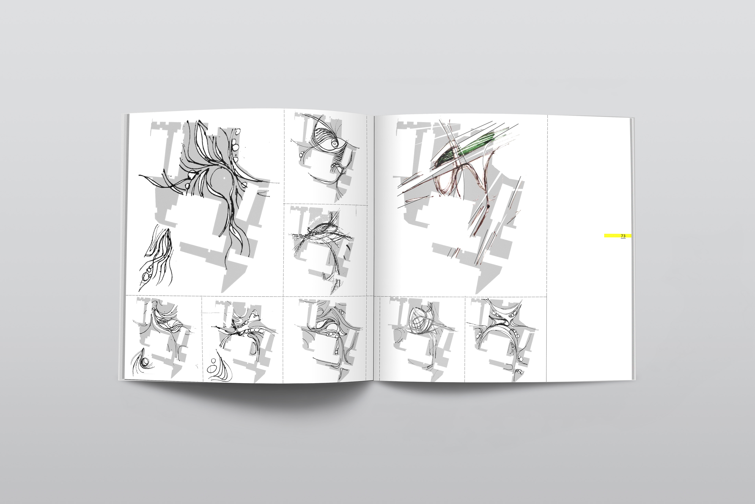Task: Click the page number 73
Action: click(x=623, y=236)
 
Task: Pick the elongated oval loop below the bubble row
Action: click(x=255, y=348)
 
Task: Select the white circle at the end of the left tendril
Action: click(x=192, y=175)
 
